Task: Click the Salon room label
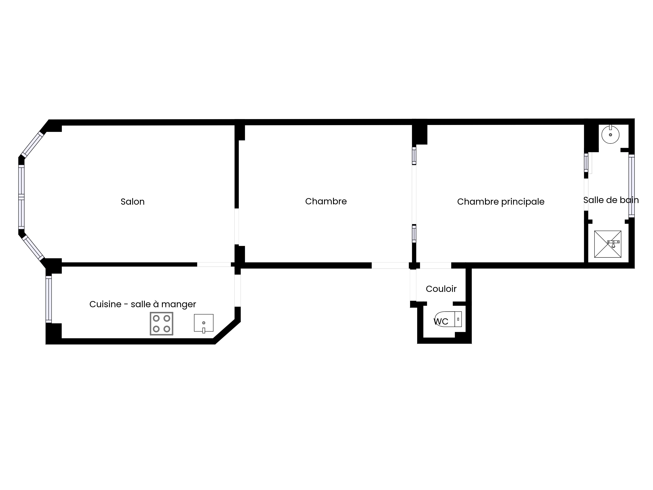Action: [133, 202]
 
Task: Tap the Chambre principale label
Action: [501, 202]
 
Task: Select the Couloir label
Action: [441, 289]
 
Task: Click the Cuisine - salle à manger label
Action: [143, 304]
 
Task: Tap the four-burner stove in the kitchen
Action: [161, 324]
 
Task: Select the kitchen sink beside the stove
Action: [204, 323]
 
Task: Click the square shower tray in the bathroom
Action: [608, 244]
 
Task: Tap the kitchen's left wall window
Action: [49, 299]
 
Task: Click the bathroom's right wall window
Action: [631, 186]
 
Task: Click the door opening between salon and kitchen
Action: [214, 264]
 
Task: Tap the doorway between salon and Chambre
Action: [237, 227]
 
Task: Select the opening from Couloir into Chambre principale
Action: [435, 265]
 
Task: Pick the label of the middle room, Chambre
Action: [326, 201]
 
